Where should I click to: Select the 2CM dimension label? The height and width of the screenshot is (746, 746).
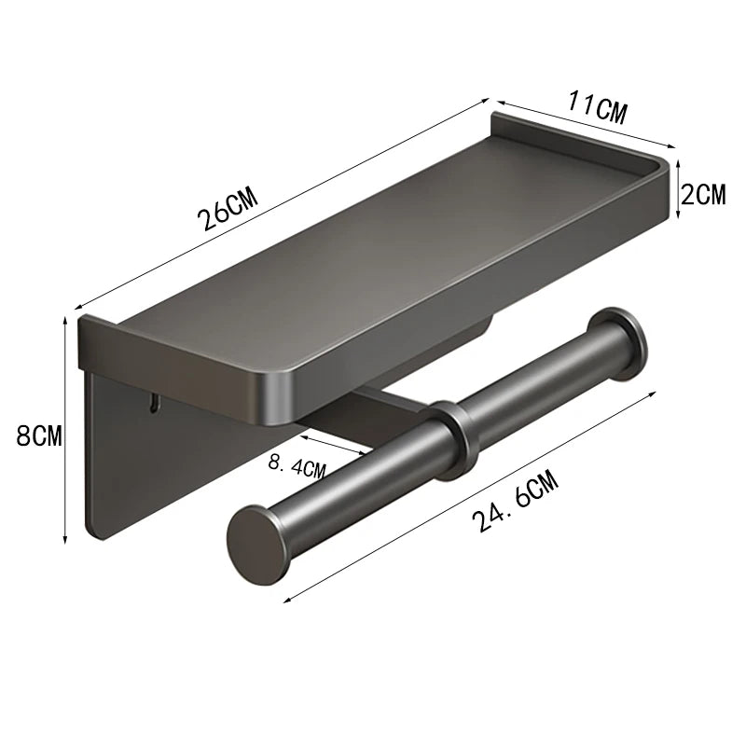(704, 194)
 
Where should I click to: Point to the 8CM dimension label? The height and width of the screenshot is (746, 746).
(38, 435)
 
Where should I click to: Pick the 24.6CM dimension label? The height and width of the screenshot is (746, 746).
(515, 501)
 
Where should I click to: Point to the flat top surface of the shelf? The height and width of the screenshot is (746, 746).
(373, 242)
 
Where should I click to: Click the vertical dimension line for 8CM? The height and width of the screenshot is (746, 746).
(64, 429)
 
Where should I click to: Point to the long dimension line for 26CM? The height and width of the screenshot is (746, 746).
(280, 200)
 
